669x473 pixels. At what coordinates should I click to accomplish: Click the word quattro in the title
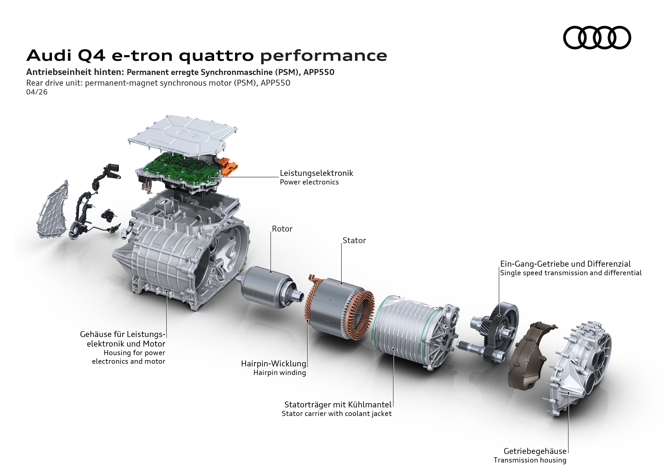point(216,56)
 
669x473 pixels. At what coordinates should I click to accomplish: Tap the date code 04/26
point(37,92)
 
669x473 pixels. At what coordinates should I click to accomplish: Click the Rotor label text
point(282,229)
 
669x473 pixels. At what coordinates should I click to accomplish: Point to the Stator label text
point(354,241)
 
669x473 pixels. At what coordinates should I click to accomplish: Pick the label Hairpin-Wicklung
point(273,364)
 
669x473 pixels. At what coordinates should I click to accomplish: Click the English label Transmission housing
point(530,460)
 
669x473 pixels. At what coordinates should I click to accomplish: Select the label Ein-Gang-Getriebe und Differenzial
point(565,264)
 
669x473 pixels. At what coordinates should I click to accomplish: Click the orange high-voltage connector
point(229,167)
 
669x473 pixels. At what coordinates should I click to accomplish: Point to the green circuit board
point(181,169)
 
